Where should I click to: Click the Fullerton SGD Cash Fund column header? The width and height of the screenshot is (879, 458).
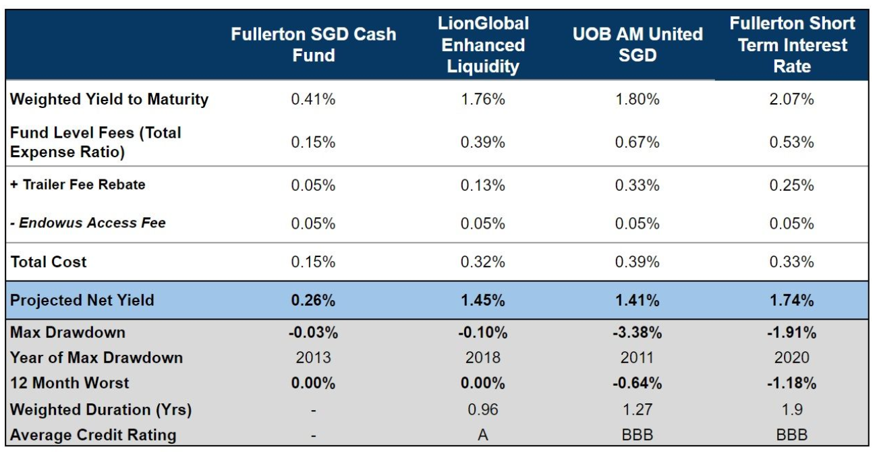[313, 45]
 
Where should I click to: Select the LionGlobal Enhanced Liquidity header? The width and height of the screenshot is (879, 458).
[482, 45]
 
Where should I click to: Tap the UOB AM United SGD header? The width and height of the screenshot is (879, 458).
[637, 45]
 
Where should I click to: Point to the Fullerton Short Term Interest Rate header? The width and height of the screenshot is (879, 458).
[792, 45]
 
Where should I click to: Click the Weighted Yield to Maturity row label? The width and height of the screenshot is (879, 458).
[109, 99]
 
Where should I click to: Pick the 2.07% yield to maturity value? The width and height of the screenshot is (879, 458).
[792, 99]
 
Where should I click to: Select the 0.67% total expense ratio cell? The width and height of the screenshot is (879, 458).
[637, 142]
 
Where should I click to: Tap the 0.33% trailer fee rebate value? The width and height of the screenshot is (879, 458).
[637, 185]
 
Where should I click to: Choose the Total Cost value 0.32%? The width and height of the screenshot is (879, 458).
[482, 262]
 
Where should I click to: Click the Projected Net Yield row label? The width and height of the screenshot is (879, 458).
[82, 300]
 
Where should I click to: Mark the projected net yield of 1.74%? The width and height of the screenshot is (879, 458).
[792, 300]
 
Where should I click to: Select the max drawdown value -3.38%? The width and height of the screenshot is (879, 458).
[637, 333]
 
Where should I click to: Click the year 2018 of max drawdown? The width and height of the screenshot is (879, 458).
[482, 357]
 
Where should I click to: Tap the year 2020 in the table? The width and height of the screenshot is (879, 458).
[792, 357]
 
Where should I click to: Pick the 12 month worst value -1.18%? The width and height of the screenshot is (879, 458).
[792, 383]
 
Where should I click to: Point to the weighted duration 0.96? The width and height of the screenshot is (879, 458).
[482, 409]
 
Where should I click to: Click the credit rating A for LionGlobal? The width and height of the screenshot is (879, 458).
[482, 435]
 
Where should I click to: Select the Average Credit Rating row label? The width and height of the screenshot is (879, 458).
[93, 435]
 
